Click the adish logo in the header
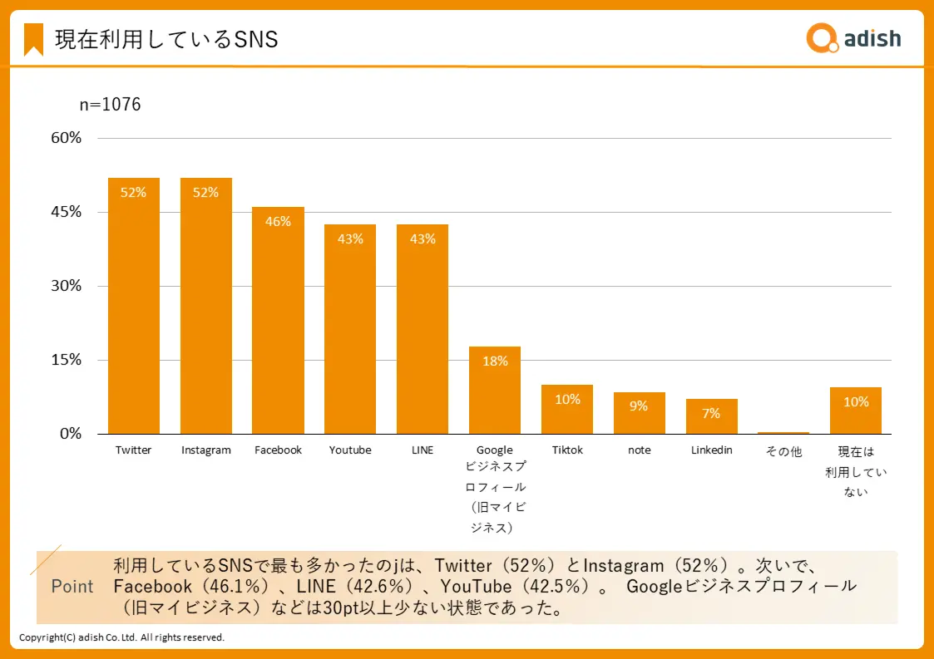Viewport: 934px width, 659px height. [x=853, y=38]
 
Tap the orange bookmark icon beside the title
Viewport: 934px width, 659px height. [x=33, y=39]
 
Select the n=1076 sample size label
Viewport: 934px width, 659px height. [x=110, y=105]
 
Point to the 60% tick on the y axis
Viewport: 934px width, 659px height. [x=66, y=138]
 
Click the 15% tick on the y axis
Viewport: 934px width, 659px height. [x=66, y=360]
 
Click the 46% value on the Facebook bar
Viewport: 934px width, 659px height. [x=278, y=221]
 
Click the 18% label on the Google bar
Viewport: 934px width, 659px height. [x=495, y=361]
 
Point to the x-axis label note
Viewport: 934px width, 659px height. [x=640, y=450]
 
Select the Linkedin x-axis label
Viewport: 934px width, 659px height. [x=712, y=450]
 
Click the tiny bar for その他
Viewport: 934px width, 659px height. [x=783, y=432]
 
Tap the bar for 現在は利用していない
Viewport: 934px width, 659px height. [x=856, y=411]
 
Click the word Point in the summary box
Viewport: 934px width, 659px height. [x=72, y=586]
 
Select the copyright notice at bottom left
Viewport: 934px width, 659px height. [x=121, y=637]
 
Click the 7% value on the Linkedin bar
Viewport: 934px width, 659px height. [x=711, y=413]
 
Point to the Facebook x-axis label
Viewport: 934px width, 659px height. [x=278, y=450]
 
